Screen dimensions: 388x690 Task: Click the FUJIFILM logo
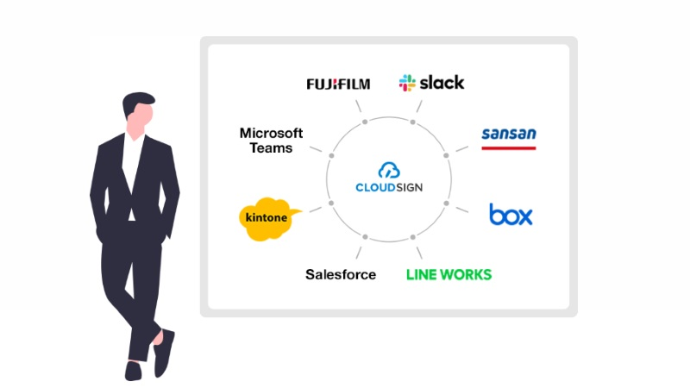338,84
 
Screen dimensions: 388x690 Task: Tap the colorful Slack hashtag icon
407,83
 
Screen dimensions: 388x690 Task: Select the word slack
442,83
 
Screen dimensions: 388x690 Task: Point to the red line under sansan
508,147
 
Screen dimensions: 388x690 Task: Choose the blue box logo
511,214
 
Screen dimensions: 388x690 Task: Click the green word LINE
423,274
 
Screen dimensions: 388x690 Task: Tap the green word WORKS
467,274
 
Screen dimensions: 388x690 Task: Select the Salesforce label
341,274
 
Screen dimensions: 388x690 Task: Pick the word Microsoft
272,133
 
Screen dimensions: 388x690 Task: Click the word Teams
272,147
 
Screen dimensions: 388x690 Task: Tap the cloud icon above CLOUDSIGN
389,171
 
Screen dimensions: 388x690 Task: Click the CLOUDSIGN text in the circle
389,186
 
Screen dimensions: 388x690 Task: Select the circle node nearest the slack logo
413,122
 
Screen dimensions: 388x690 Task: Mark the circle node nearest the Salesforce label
365,236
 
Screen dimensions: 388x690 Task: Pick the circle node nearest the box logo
446,203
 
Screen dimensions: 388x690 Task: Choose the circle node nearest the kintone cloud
331,203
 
